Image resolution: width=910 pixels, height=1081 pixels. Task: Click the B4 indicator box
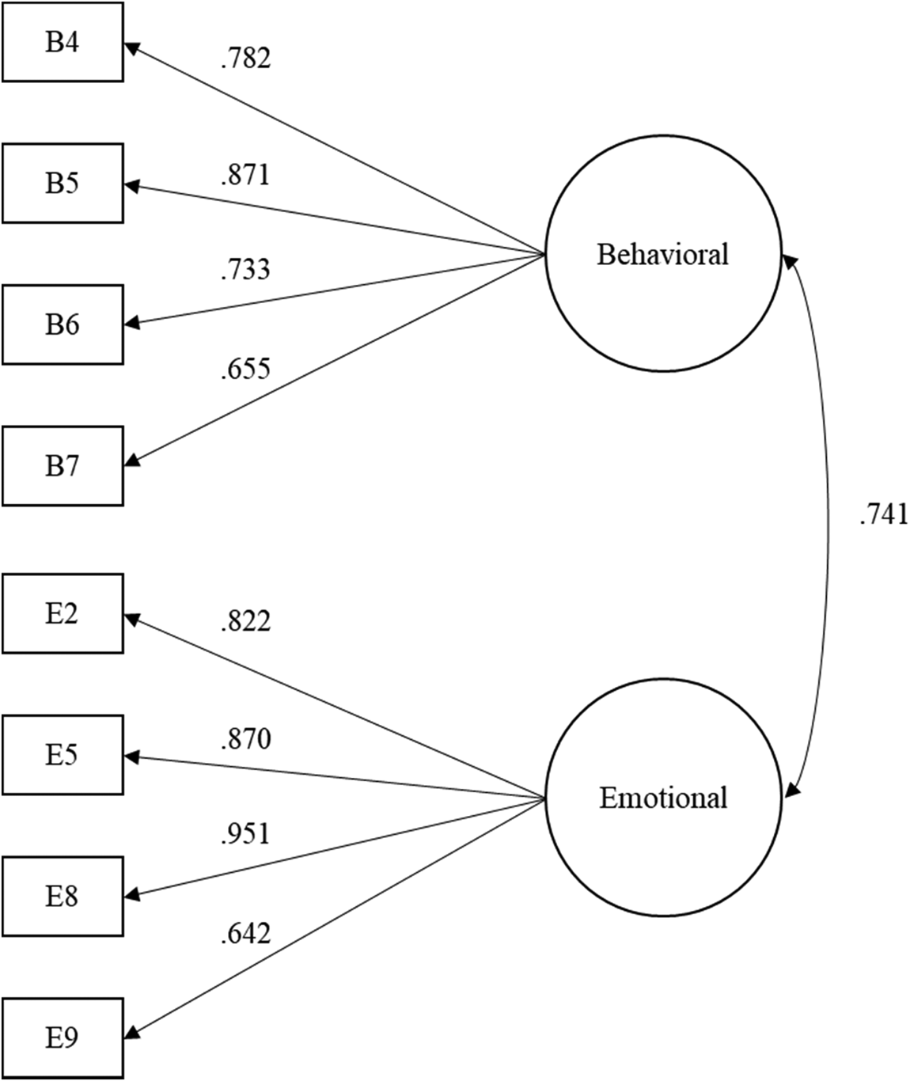click(x=63, y=42)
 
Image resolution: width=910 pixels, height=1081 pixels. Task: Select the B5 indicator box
click(x=63, y=183)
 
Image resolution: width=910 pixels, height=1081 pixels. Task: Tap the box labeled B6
click(x=63, y=324)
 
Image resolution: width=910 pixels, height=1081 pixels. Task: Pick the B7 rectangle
click(x=63, y=466)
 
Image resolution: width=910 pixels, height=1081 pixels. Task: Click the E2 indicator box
click(x=63, y=613)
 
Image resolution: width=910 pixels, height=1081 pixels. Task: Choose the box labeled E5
click(x=63, y=755)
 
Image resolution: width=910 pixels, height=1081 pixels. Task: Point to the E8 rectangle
click(x=63, y=897)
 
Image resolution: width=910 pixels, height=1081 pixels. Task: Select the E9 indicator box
click(x=63, y=1037)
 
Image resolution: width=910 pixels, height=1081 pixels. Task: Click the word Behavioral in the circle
click(x=662, y=255)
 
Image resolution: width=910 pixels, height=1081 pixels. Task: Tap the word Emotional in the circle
click(x=662, y=797)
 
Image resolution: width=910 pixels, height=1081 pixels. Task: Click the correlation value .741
click(x=882, y=515)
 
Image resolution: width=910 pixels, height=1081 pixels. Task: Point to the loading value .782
click(x=245, y=59)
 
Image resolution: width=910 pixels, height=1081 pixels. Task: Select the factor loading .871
click(x=245, y=175)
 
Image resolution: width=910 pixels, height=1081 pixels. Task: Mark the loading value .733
click(x=245, y=270)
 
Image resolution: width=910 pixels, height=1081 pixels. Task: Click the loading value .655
click(x=245, y=369)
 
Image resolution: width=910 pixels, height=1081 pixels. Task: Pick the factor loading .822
click(x=245, y=622)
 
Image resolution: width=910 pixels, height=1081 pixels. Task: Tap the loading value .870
click(x=245, y=739)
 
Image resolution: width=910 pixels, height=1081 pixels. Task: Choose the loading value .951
click(x=245, y=834)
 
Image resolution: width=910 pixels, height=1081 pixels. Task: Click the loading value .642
click(x=245, y=934)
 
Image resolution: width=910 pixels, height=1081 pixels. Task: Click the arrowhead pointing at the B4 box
click(x=132, y=47)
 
